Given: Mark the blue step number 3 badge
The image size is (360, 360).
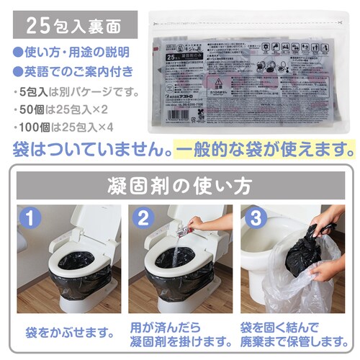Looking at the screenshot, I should tap(253, 216).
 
